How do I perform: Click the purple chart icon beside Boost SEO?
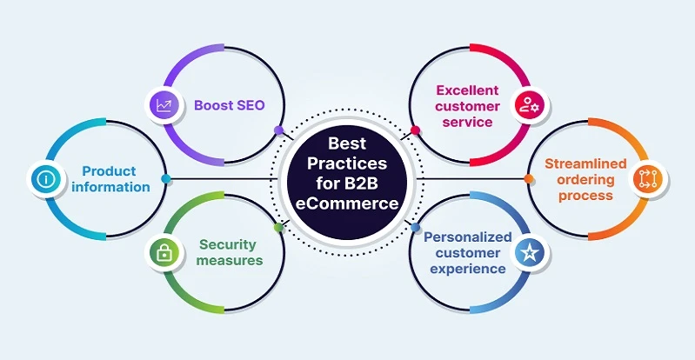(163, 105)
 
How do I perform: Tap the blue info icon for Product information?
(43, 179)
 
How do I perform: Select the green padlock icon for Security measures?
(163, 253)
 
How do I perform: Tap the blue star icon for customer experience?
(529, 253)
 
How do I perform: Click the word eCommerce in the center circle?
(347, 203)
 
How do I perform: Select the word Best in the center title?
(347, 143)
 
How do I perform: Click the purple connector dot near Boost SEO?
(278, 130)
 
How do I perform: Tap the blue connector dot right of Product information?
(166, 179)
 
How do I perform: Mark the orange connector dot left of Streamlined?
(529, 179)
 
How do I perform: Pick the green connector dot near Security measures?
(278, 228)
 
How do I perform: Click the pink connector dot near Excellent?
(415, 130)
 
